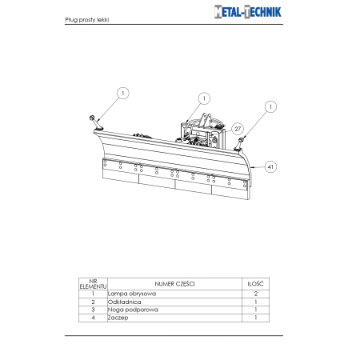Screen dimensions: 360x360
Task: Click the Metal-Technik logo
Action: (248, 12)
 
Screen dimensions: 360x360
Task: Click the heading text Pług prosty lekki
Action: (87, 20)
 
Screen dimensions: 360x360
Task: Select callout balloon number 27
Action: (238, 129)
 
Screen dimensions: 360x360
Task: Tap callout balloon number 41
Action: (270, 167)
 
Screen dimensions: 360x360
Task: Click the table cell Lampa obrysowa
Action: (132, 294)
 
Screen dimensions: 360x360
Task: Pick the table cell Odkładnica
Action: (124, 302)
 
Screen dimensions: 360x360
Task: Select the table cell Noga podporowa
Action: (133, 310)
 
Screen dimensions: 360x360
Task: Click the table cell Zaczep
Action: (118, 318)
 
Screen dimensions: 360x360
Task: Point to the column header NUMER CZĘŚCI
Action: (174, 284)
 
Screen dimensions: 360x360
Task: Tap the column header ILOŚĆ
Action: (255, 284)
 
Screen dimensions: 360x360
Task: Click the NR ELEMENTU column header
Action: (93, 284)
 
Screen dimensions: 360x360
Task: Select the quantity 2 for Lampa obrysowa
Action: (256, 294)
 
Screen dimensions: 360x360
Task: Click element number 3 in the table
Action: (93, 310)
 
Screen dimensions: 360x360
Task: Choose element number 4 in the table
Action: (93, 318)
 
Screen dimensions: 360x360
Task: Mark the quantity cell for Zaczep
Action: (256, 318)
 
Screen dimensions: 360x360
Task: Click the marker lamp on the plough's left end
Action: (96, 123)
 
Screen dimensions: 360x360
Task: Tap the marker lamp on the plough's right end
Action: (238, 144)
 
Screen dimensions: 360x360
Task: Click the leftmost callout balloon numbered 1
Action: (123, 94)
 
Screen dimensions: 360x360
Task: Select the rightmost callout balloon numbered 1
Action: (270, 106)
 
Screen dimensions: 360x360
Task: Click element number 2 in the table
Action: (93, 302)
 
